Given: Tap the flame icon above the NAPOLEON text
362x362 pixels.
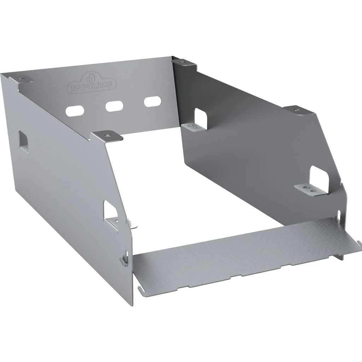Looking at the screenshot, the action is click(x=92, y=78).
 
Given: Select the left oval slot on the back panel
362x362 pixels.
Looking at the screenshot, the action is click(x=75, y=111).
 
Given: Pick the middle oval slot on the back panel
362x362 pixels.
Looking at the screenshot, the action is click(x=114, y=106).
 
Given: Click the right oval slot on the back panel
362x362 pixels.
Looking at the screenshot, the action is click(x=152, y=101).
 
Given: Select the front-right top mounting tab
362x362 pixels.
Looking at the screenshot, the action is click(x=299, y=110).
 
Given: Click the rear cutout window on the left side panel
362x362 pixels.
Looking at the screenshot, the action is click(x=23, y=141).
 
